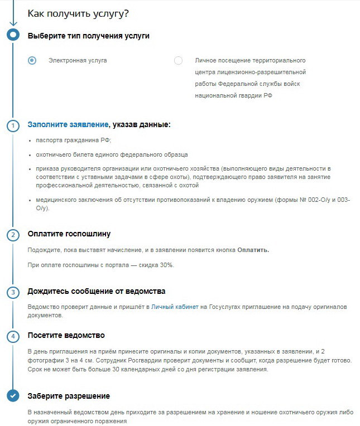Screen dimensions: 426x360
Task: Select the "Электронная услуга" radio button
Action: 32,60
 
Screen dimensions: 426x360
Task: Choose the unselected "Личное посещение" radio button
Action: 178,60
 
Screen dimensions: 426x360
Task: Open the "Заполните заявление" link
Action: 68,125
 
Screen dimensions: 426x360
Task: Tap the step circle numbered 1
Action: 12,125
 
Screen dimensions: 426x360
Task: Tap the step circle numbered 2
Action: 12,235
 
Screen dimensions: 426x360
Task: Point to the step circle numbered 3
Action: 12,292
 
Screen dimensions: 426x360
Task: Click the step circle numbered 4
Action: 12,336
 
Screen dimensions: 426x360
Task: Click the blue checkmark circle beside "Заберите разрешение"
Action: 12,396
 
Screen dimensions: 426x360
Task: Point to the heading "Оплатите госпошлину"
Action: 69,234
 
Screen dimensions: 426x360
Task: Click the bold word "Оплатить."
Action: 253,250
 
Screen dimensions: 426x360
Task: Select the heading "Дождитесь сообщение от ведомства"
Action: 97,292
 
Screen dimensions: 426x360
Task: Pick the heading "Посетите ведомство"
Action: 66,336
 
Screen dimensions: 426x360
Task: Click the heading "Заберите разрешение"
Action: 69,396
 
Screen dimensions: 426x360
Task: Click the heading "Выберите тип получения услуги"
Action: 88,36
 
